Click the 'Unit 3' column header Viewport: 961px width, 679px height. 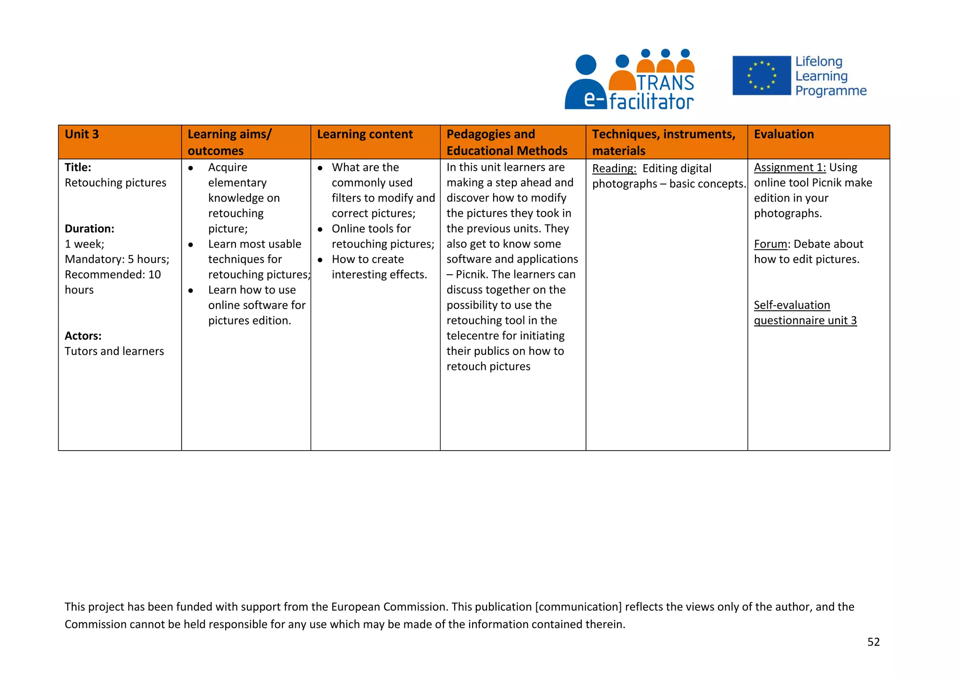(x=82, y=135)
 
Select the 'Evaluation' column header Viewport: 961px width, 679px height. (x=784, y=135)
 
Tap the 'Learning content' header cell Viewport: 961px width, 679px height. (x=365, y=135)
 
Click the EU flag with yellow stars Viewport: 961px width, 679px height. (x=761, y=75)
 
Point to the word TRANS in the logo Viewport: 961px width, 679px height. (x=665, y=83)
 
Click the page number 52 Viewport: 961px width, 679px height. (x=873, y=642)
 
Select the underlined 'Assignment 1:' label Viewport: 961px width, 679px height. (x=790, y=167)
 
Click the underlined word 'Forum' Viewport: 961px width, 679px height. (x=770, y=244)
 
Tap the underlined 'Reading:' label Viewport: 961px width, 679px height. (x=614, y=169)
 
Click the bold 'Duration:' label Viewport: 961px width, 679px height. (x=90, y=229)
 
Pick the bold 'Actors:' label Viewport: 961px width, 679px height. (x=83, y=336)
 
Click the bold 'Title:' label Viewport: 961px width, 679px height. (x=78, y=167)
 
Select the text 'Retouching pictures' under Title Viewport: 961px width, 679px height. (x=115, y=183)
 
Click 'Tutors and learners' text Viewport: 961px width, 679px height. (x=114, y=352)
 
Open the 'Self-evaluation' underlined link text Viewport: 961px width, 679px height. (x=792, y=305)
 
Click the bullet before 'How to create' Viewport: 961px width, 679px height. (x=320, y=260)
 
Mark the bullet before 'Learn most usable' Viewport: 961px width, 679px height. (x=191, y=245)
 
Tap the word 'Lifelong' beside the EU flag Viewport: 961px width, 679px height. (x=819, y=61)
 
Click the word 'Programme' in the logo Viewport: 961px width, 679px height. (x=831, y=91)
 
